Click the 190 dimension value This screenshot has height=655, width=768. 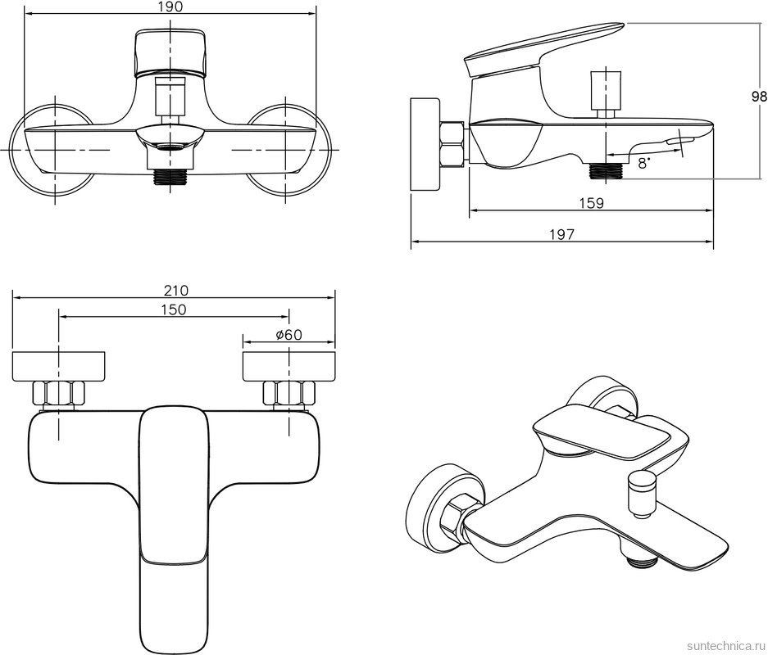(x=170, y=7)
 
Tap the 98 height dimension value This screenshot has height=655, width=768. (x=759, y=96)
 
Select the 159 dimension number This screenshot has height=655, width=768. (x=591, y=203)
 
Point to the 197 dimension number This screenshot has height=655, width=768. (x=561, y=234)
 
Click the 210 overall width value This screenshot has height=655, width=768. (x=175, y=290)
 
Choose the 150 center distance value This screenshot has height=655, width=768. (x=173, y=309)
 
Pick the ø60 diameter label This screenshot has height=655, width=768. (x=289, y=334)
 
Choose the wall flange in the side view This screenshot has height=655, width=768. (x=425, y=145)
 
